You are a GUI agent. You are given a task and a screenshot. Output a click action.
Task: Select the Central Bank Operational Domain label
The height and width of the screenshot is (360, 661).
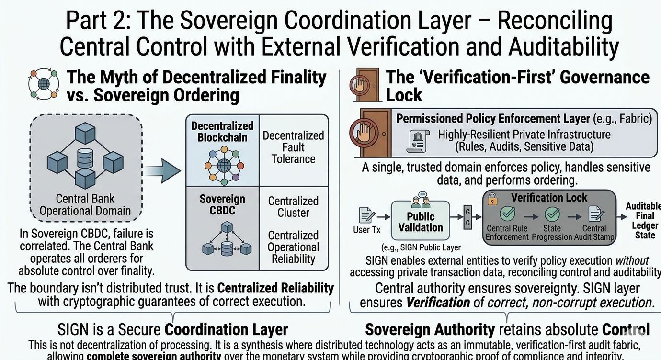(85, 204)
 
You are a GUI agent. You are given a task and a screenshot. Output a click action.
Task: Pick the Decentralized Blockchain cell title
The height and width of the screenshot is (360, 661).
(222, 132)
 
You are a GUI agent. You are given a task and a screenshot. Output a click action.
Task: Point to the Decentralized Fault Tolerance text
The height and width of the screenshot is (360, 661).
(293, 147)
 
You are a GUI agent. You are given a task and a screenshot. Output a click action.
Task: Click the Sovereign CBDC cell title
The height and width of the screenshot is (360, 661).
(222, 205)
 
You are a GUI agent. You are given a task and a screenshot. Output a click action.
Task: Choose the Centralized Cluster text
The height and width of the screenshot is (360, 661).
(293, 207)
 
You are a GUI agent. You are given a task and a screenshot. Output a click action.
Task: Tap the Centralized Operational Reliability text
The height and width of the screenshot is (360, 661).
(293, 247)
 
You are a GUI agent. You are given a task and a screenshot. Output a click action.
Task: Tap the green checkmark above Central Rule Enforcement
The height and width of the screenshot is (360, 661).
(507, 214)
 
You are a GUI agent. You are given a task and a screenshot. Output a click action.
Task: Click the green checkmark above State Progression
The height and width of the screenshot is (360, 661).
(552, 214)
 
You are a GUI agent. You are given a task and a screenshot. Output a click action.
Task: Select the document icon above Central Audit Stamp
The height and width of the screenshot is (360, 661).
(594, 214)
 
